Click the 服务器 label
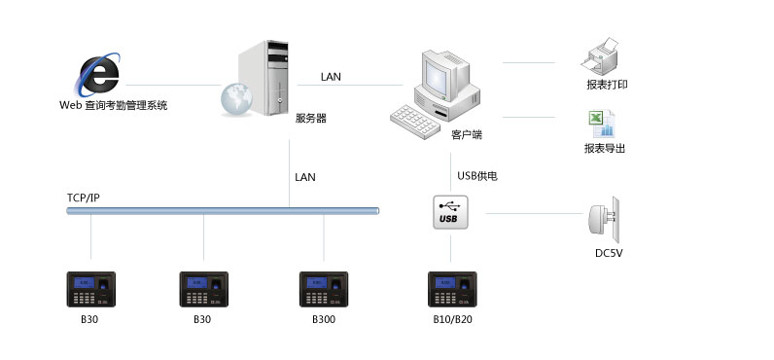pyautogui.click(x=310, y=118)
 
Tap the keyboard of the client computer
pyautogui.click(x=419, y=119)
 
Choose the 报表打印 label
pyautogui.click(x=607, y=85)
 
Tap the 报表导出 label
pyautogui.click(x=605, y=149)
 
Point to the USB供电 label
pyautogui.click(x=477, y=176)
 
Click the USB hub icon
pyautogui.click(x=450, y=212)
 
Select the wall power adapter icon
pyautogui.click(x=602, y=218)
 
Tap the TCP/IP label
pyautogui.click(x=84, y=198)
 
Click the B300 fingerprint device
pyautogui.click(x=324, y=289)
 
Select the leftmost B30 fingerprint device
pyautogui.click(x=90, y=289)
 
